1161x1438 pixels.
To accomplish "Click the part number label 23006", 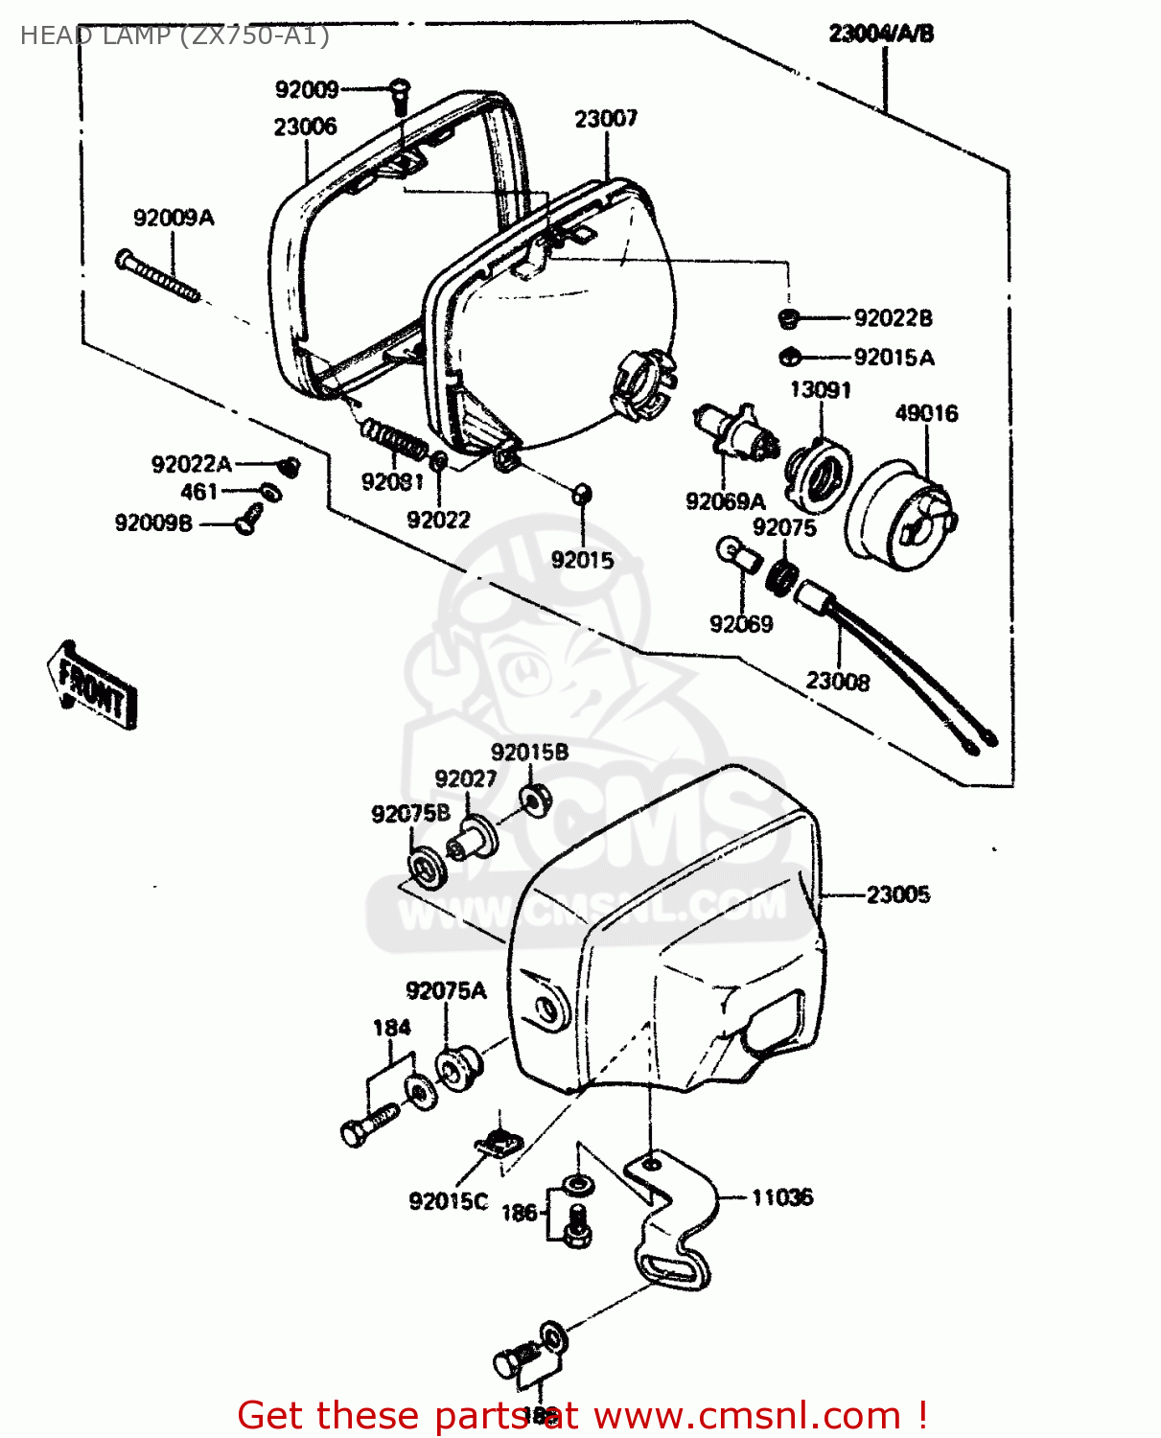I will pyautogui.click(x=305, y=127).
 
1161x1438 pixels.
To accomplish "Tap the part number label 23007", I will pyautogui.click(x=606, y=119).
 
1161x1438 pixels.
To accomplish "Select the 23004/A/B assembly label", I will pyautogui.click(x=881, y=34).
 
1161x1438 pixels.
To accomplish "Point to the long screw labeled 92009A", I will pyautogui.click(x=158, y=275).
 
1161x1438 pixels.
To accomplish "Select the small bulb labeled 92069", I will pyautogui.click(x=737, y=553).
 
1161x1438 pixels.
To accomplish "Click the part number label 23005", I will pyautogui.click(x=898, y=894).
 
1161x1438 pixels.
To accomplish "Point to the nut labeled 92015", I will pyautogui.click(x=582, y=494).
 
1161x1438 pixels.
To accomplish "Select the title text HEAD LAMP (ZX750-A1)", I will pyautogui.click(x=174, y=35).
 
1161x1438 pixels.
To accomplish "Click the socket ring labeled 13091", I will pyautogui.click(x=818, y=474).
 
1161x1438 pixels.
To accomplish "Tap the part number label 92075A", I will pyautogui.click(x=446, y=990).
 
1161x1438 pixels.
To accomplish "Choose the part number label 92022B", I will pyautogui.click(x=893, y=317).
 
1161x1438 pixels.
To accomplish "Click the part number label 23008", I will pyautogui.click(x=838, y=682).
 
